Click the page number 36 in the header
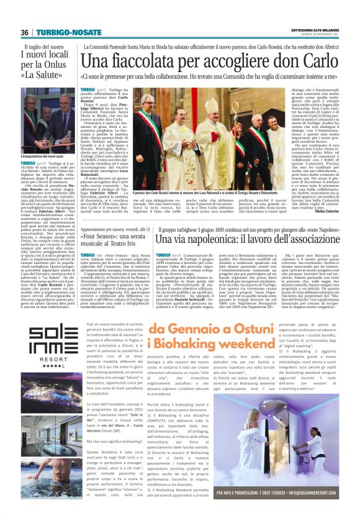(x=25, y=32)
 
